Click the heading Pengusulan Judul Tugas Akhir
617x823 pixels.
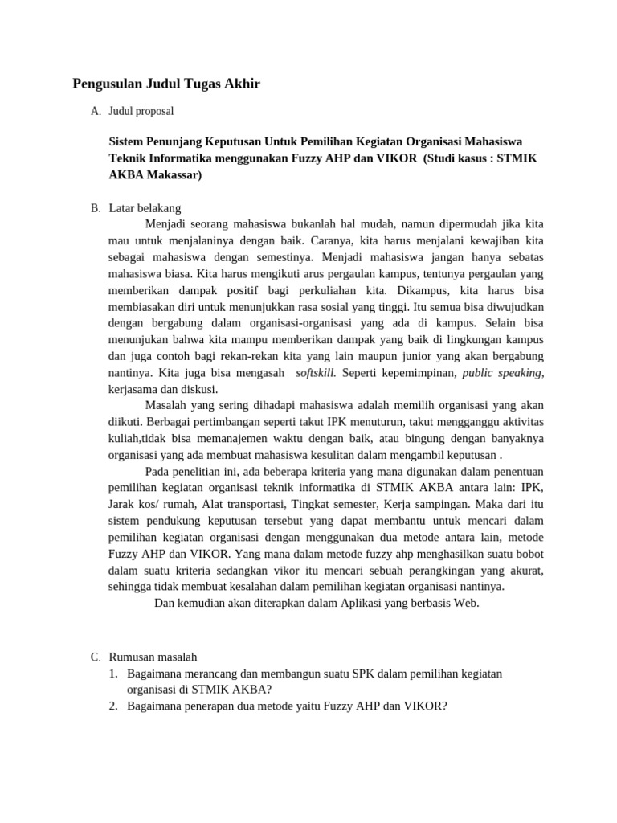(166, 84)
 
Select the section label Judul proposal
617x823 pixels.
(141, 110)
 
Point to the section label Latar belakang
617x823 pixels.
(145, 208)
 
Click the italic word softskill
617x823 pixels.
(316, 373)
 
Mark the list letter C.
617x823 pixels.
(96, 657)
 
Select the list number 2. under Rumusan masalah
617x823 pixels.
(114, 706)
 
